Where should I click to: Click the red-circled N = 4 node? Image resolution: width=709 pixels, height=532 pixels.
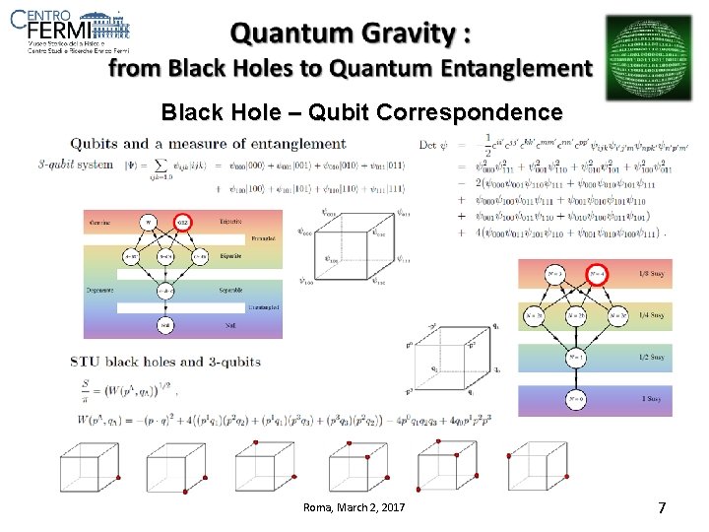click(595, 273)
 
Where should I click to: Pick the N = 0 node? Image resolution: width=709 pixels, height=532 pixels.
click(574, 400)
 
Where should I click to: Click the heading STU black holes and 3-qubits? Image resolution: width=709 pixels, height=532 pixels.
click(166, 362)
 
